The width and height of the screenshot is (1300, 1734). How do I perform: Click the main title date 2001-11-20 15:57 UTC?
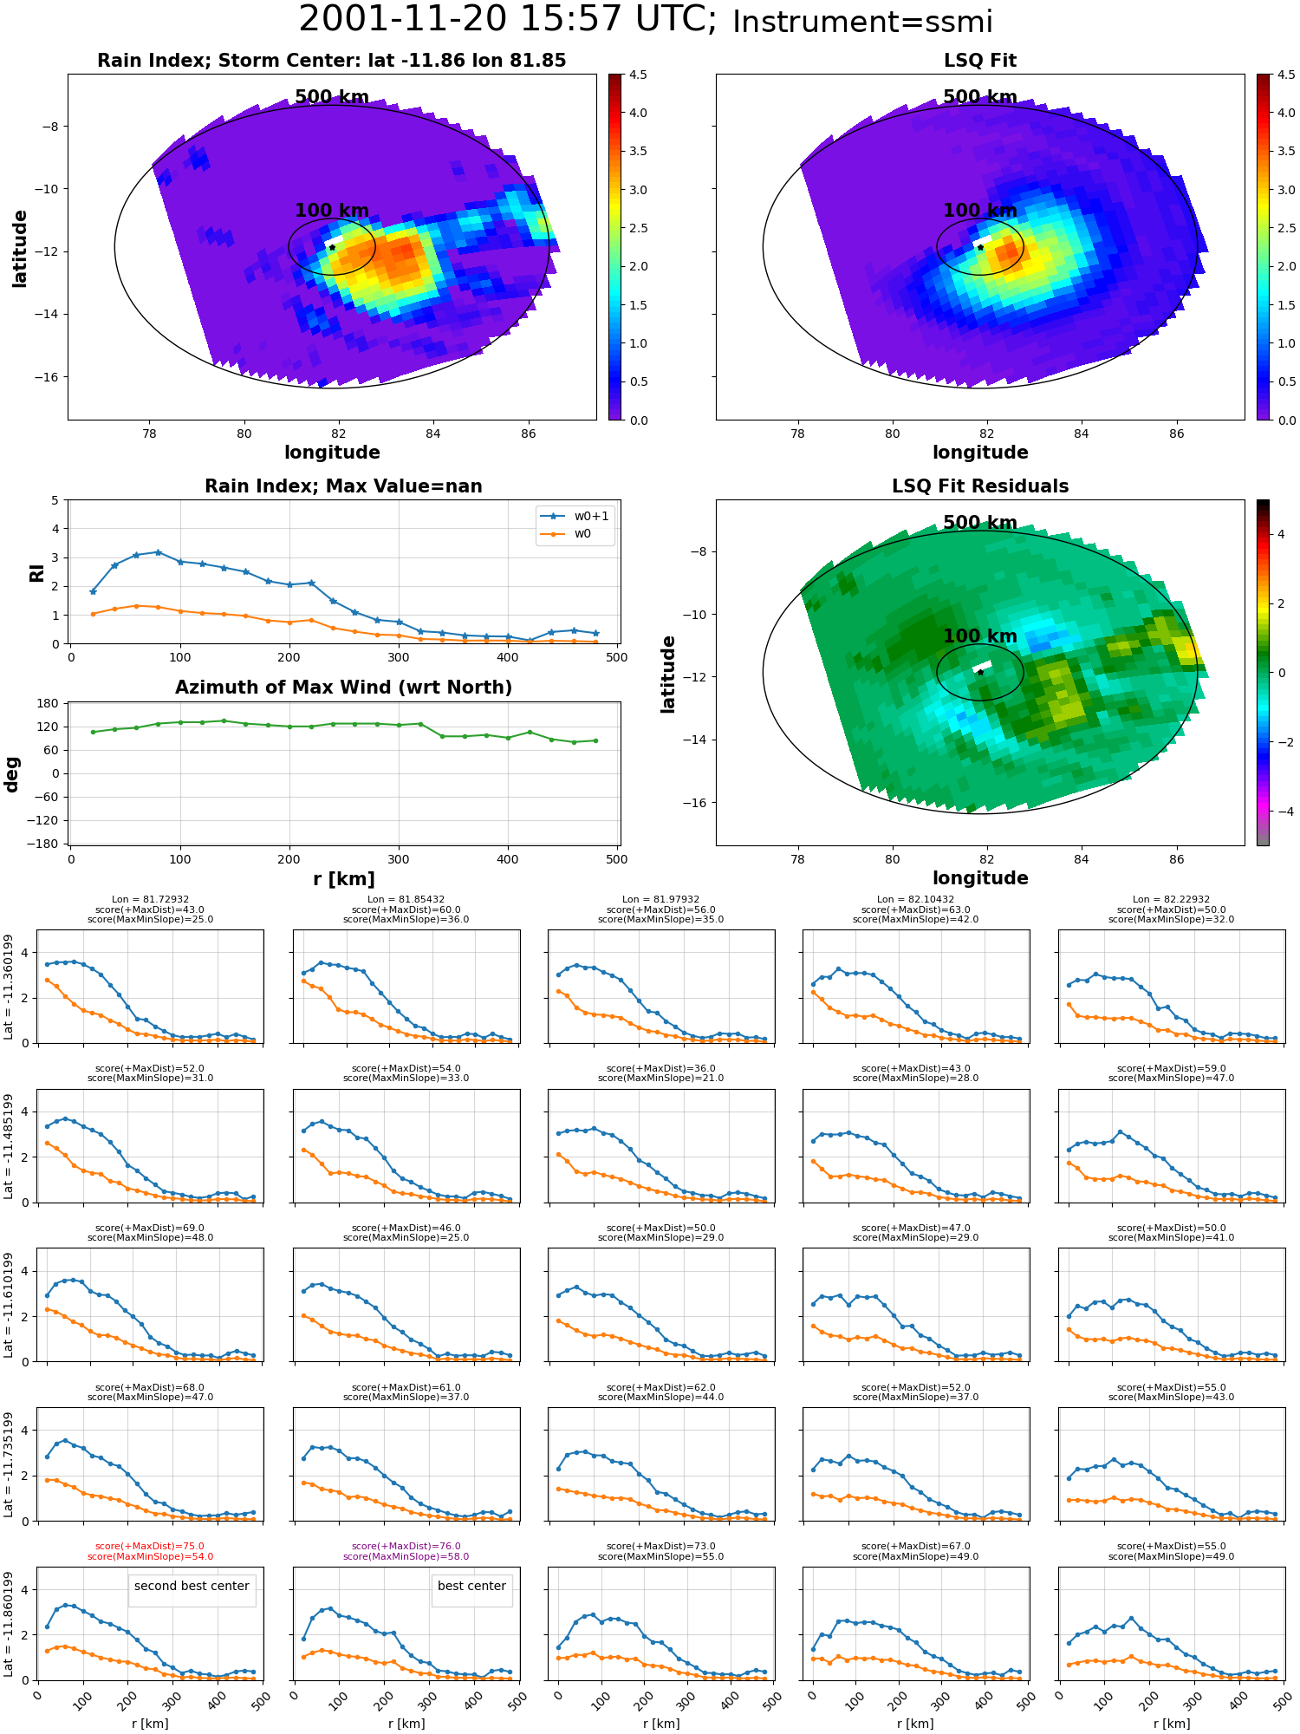pos(508,20)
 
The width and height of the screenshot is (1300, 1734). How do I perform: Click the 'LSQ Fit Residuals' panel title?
pos(980,486)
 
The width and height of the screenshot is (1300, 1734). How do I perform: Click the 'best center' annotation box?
pos(471,1586)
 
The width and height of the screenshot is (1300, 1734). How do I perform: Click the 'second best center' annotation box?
pos(192,1586)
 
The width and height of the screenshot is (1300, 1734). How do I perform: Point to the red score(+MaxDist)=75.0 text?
pos(150,1546)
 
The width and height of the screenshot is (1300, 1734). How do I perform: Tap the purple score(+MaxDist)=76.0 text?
pos(406,1546)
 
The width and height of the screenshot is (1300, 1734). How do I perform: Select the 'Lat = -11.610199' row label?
pos(9,1305)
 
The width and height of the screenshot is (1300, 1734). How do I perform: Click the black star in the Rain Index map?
pos(332,247)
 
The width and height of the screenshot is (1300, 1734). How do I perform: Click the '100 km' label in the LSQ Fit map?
pos(980,210)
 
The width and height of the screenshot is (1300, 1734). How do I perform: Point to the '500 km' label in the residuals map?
pos(980,522)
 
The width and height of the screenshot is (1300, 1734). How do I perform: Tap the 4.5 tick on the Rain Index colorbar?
pos(638,75)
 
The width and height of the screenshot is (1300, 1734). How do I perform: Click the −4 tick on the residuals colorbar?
pos(1282,812)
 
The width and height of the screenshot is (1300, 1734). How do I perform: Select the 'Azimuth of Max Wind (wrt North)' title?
pos(343,688)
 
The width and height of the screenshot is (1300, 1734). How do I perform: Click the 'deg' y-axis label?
pos(11,774)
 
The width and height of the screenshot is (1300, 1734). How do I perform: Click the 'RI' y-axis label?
pos(36,573)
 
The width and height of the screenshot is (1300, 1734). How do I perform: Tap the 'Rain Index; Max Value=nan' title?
pos(343,486)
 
